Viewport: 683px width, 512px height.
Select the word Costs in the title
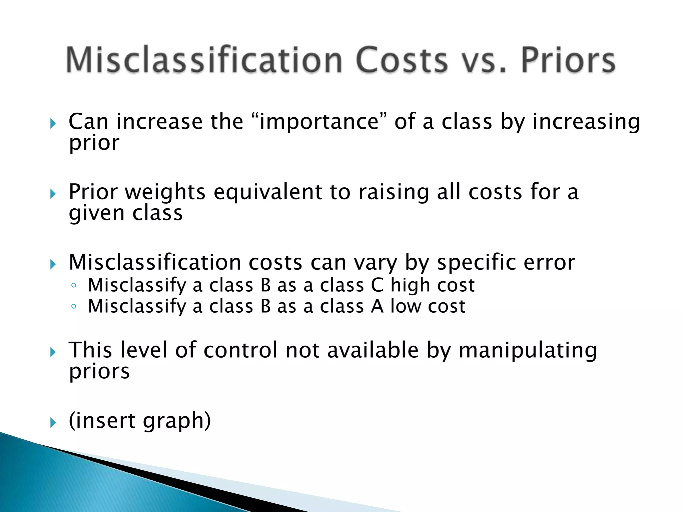pos(402,60)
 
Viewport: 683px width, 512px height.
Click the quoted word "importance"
pos(319,121)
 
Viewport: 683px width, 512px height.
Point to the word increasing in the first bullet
pos(586,122)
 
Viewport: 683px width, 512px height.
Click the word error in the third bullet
pos(549,263)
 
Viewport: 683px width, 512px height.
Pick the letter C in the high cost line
pos(377,285)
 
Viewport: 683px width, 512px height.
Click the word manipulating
pos(528,351)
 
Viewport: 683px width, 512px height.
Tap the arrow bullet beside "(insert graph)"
pos(53,423)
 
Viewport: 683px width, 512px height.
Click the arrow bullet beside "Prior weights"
pos(53,194)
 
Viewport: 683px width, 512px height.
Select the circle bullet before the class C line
pos(74,285)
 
